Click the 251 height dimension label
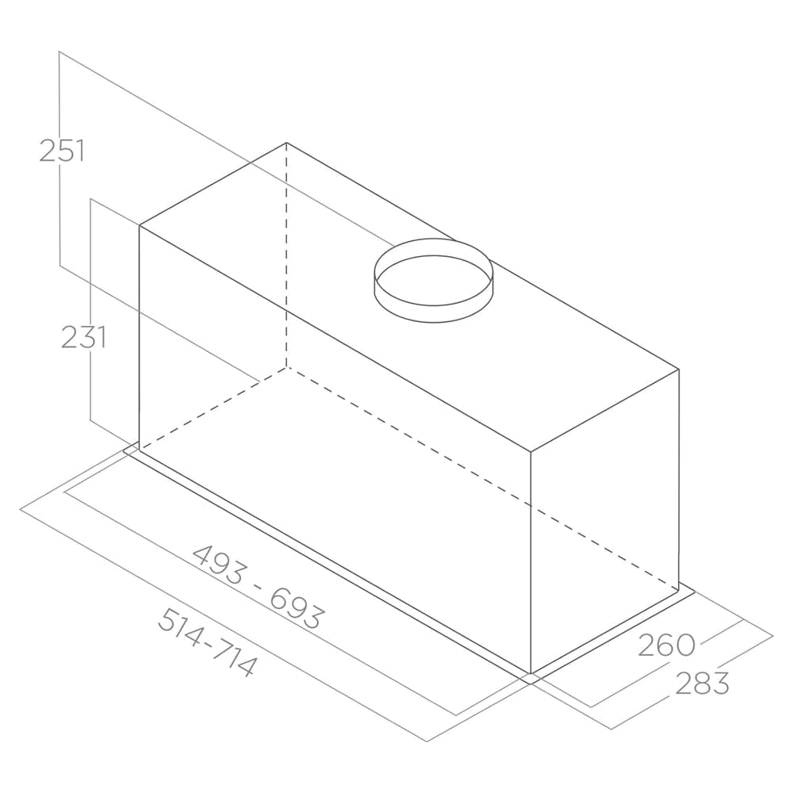(x=62, y=151)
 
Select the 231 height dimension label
(x=83, y=337)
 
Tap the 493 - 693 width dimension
(x=258, y=586)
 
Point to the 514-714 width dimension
(x=207, y=642)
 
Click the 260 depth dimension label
(x=667, y=645)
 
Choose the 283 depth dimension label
(x=702, y=684)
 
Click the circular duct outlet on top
(x=434, y=280)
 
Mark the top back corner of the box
(x=286, y=143)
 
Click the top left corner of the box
(x=139, y=225)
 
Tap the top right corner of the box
(x=679, y=370)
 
